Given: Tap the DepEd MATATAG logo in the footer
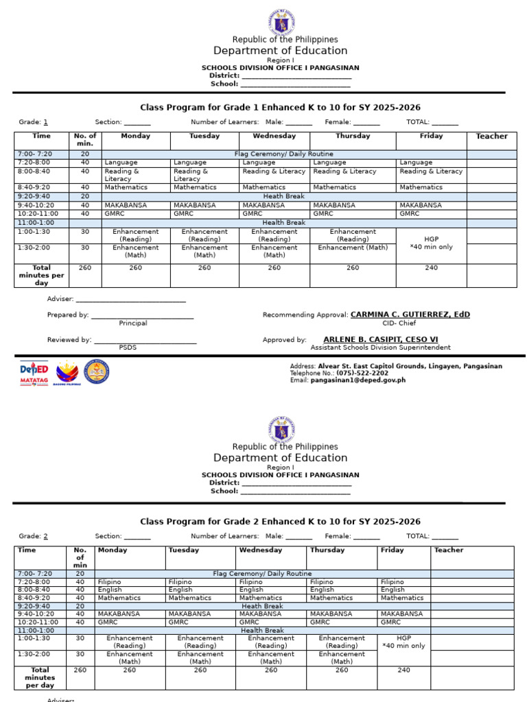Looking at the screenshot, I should [x=34, y=373].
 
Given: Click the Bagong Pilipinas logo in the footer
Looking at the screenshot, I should [x=67, y=373].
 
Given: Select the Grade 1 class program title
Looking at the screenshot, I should [x=280, y=108].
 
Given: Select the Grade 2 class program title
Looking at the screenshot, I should [x=280, y=522].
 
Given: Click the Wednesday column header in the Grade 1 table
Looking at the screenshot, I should [x=274, y=136].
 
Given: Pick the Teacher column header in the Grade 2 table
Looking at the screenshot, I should [x=449, y=550].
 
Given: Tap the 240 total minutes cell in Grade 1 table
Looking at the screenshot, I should [x=431, y=268].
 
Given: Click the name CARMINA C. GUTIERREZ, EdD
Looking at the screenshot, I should [x=410, y=315].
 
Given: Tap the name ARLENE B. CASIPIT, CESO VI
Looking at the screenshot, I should [x=380, y=339].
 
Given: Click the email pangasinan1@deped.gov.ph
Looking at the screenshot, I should [x=358, y=380].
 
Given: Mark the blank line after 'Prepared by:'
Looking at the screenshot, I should [x=142, y=315].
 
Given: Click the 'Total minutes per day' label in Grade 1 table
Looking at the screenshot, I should [x=41, y=275].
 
